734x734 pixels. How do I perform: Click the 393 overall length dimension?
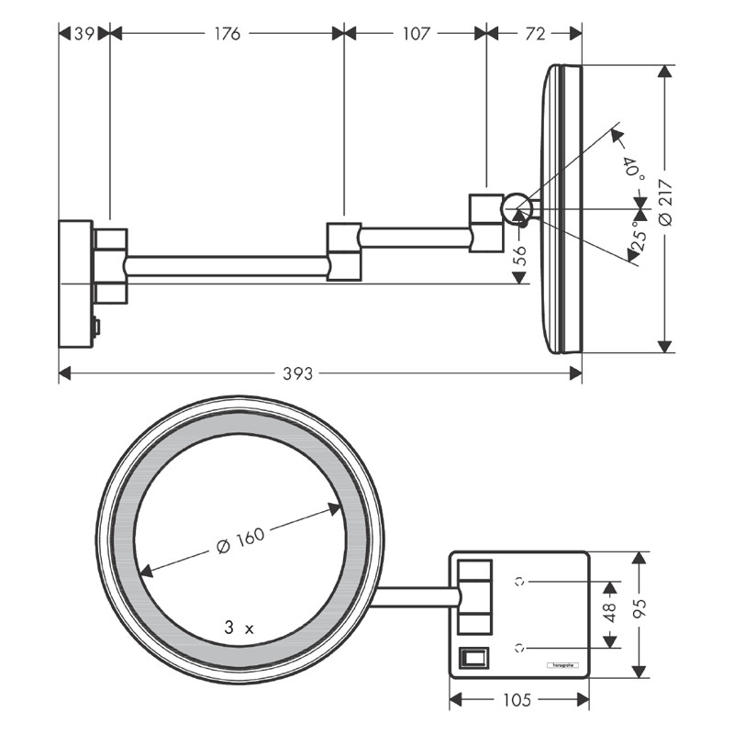coord(297,374)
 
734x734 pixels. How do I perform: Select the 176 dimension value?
coord(227,34)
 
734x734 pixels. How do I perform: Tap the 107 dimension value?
coord(416,34)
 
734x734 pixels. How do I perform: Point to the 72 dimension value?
coord(535,34)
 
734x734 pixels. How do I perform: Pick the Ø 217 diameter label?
coord(666,202)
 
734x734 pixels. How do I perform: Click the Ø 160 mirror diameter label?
coord(239,542)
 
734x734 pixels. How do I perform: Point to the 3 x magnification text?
coord(238,628)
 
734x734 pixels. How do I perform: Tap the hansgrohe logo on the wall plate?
coord(560,663)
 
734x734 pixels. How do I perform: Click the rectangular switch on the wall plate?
coord(473,658)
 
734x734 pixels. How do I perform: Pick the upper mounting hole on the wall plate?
coord(520,581)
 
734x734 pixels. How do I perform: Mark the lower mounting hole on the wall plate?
coord(520,646)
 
